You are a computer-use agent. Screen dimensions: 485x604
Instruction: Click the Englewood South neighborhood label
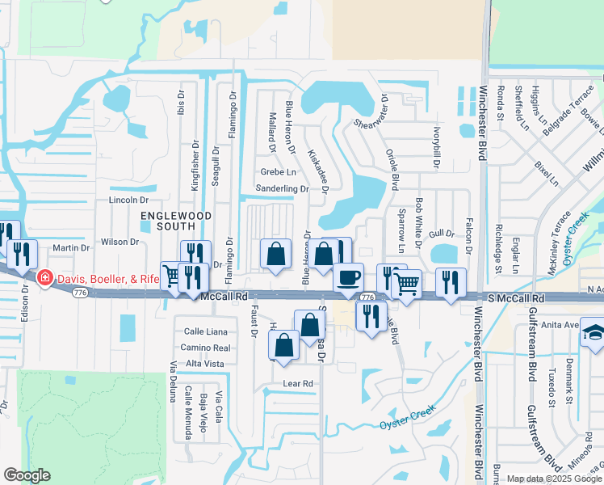[176, 221]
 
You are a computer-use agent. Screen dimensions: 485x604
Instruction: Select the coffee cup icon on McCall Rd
[348, 277]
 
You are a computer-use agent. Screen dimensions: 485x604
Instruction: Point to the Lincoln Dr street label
[129, 200]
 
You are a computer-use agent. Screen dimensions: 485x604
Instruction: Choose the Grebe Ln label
[279, 172]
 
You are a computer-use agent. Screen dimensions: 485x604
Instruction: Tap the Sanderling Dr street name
[282, 189]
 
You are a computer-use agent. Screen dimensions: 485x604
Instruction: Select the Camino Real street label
[206, 348]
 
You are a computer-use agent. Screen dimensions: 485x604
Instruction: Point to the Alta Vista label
[205, 365]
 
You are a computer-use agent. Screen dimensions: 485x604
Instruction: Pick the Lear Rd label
[297, 383]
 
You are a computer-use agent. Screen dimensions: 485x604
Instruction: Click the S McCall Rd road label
[514, 299]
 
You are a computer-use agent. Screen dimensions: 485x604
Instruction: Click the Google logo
[27, 475]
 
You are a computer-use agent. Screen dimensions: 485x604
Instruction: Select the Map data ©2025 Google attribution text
[553, 479]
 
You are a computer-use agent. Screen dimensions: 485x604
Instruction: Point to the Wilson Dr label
[120, 242]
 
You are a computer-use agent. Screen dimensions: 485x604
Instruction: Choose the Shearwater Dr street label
[369, 113]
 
